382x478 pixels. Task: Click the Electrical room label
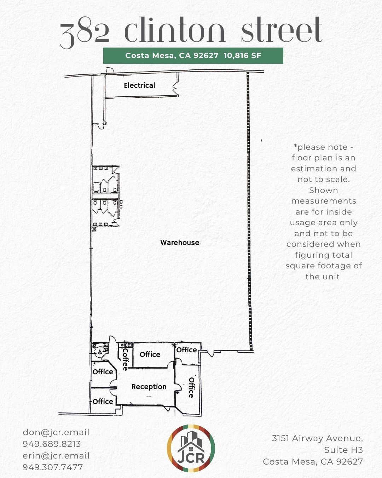coord(139,85)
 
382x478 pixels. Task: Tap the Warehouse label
coord(180,243)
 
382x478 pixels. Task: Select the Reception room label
coord(149,387)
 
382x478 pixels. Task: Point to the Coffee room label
coord(125,359)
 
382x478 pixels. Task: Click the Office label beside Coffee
coord(150,354)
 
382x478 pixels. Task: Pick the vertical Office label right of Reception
coord(191,387)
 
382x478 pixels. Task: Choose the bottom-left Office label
coord(103,402)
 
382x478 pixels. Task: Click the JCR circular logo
coord(191,449)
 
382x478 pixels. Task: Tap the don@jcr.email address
coord(56,432)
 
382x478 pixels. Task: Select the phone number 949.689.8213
coord(52,444)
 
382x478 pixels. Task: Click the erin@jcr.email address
coord(56,456)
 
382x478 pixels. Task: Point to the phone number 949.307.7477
coord(53,467)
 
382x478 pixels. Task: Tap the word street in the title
coord(282,30)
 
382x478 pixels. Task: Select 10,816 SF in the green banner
coord(243,56)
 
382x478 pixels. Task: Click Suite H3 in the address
coord(343,450)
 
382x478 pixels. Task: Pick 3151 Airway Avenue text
coord(317,438)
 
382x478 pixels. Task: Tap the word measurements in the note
coord(324,201)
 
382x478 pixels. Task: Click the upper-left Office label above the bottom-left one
coord(103,372)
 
